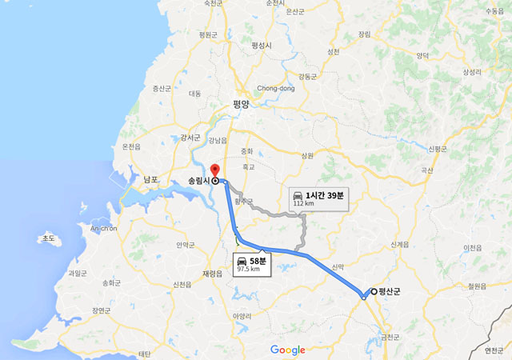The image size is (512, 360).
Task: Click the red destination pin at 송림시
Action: click(x=214, y=170)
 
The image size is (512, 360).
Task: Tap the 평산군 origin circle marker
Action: click(x=374, y=291)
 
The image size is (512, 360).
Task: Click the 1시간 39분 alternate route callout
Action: click(x=318, y=197)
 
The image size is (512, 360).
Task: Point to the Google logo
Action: click(x=287, y=350)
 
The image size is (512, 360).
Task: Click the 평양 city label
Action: click(x=241, y=104)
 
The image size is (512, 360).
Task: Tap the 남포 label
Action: click(x=151, y=180)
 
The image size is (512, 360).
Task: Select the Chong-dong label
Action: click(x=276, y=88)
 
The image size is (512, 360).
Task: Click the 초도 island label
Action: click(x=50, y=238)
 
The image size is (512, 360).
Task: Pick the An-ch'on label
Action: click(x=103, y=229)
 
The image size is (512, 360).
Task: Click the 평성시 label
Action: click(x=262, y=46)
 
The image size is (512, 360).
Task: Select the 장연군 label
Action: click(x=102, y=310)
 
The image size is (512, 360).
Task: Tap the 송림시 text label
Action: click(x=197, y=181)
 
